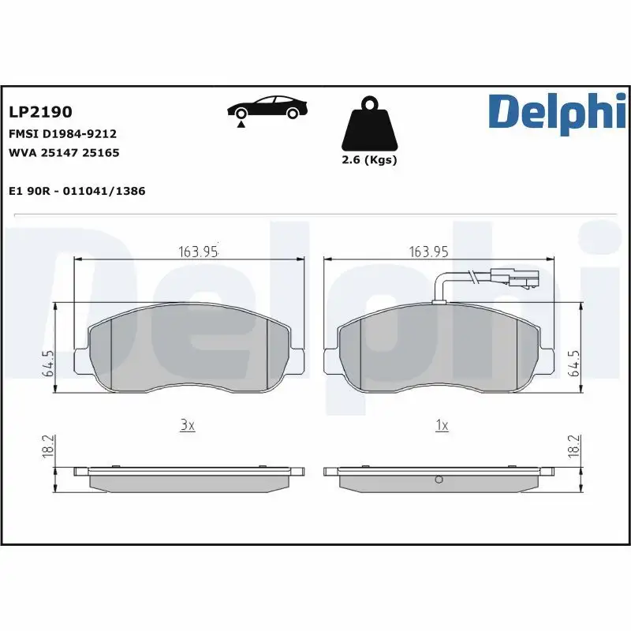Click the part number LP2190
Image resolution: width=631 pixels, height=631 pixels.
(x=39, y=113)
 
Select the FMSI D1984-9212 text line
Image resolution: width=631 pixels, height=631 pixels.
(x=62, y=134)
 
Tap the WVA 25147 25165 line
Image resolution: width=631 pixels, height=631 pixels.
(x=64, y=152)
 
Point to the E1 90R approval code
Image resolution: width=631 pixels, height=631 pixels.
(x=77, y=191)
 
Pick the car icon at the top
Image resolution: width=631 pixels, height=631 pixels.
(x=267, y=108)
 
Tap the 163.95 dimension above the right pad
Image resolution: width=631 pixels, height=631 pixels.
(x=429, y=252)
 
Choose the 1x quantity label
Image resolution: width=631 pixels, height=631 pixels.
(x=442, y=425)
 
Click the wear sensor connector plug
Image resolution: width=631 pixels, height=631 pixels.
(x=513, y=278)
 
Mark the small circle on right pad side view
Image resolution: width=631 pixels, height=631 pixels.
(x=440, y=480)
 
